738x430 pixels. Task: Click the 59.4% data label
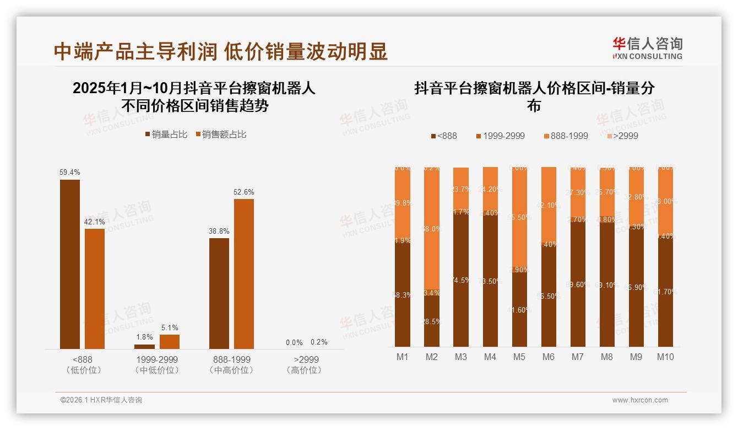click(x=69, y=173)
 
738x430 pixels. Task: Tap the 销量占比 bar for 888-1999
click(x=219, y=293)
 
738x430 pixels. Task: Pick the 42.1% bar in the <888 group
click(x=95, y=289)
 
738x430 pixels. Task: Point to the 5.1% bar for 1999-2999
click(x=170, y=342)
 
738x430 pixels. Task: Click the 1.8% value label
click(x=144, y=337)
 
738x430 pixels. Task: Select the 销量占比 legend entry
click(x=166, y=135)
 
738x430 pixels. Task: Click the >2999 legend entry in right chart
click(x=623, y=136)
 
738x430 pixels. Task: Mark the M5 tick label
click(x=519, y=357)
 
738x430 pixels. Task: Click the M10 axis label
click(x=665, y=357)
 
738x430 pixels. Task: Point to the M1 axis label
click(x=403, y=357)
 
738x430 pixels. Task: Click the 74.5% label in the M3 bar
click(x=461, y=280)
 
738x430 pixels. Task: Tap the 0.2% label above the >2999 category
click(x=318, y=342)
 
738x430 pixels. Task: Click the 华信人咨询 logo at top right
click(x=647, y=48)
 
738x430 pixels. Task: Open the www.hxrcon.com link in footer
click(x=639, y=400)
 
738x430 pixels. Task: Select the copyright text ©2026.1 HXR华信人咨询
click(x=101, y=400)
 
